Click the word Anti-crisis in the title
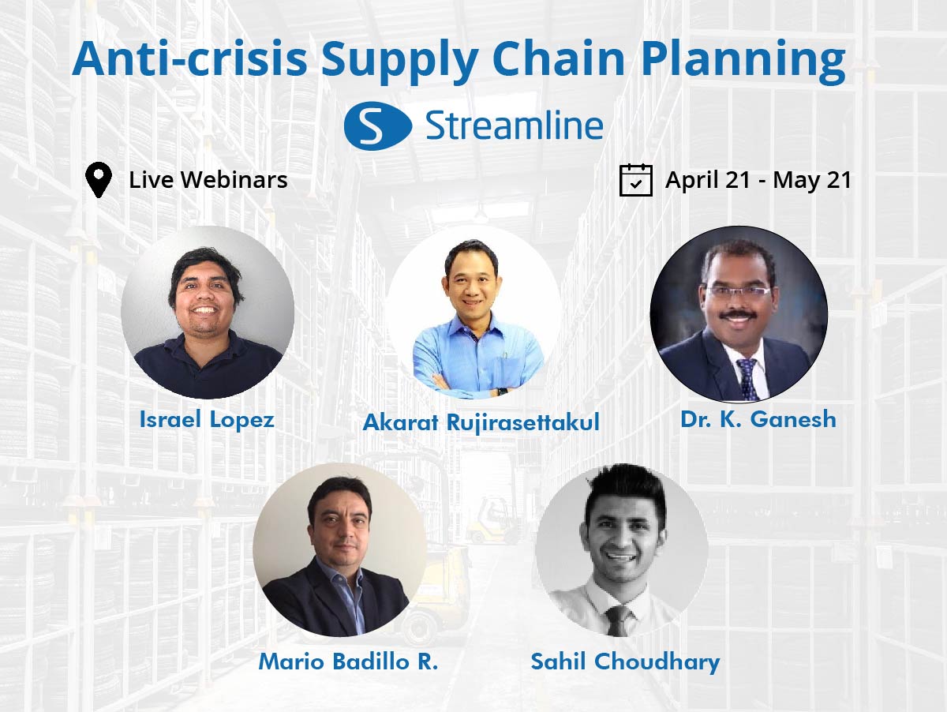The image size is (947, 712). click(189, 58)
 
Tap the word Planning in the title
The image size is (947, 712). click(743, 62)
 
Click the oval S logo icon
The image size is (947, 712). click(378, 126)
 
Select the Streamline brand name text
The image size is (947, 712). click(515, 126)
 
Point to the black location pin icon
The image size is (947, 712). click(99, 179)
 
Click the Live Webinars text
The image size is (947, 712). click(208, 179)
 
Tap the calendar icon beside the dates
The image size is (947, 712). click(635, 180)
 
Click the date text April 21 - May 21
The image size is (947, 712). click(758, 180)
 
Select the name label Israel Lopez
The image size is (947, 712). click(207, 419)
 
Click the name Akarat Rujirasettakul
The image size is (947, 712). click(481, 422)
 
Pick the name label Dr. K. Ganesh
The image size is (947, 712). click(758, 419)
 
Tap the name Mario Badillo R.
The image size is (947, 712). click(348, 661)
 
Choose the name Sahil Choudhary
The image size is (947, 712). click(625, 662)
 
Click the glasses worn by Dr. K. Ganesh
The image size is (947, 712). click(738, 292)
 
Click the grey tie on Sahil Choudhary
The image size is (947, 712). click(618, 620)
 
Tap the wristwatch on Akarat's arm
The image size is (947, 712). click(501, 392)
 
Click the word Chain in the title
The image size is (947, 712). click(558, 58)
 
